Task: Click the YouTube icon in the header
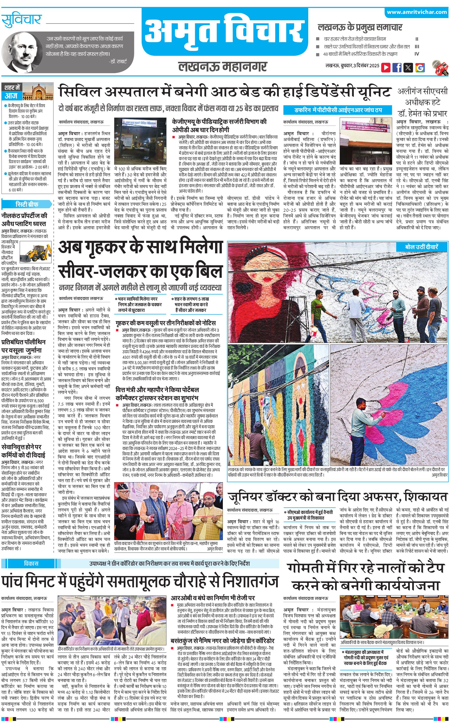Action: (386, 67)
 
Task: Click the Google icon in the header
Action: (420, 67)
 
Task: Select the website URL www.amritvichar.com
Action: (417, 12)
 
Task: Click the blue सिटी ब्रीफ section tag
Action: (27, 204)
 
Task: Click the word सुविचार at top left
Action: (21, 20)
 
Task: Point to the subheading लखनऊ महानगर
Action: (222, 66)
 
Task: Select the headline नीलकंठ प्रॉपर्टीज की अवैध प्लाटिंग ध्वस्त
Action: (24, 219)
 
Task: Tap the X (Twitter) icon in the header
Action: (408, 67)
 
